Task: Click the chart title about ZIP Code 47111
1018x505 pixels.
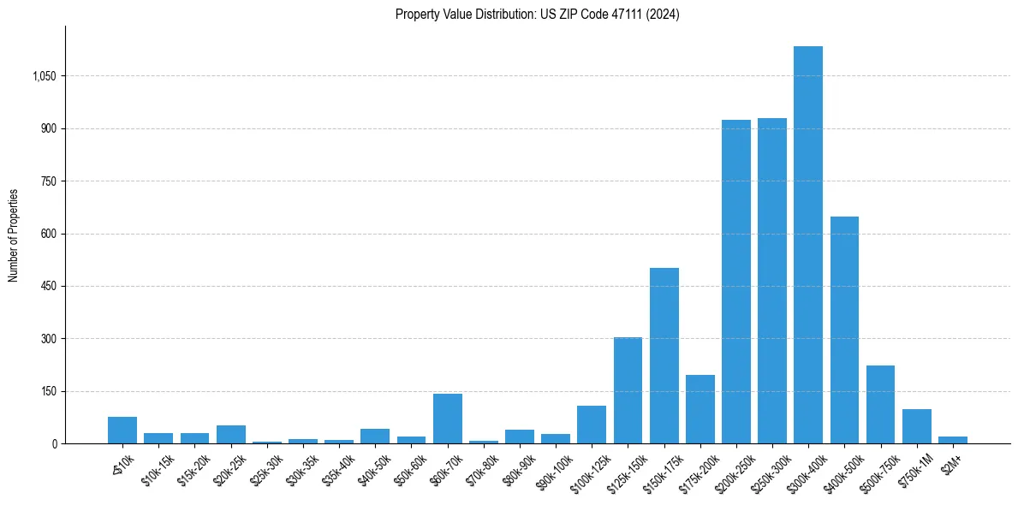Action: [537, 14]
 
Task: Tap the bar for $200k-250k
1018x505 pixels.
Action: [735, 282]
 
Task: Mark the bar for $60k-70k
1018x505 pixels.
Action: [447, 419]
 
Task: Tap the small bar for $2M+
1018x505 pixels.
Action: [952, 440]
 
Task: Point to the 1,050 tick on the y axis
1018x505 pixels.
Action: [44, 76]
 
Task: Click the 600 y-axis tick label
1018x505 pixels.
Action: [48, 234]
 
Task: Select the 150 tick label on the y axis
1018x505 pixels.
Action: [48, 391]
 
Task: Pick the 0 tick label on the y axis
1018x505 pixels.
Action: [53, 444]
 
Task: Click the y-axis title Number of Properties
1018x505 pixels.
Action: [14, 235]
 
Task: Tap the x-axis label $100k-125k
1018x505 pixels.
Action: [589, 471]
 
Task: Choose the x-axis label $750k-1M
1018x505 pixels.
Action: [915, 470]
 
